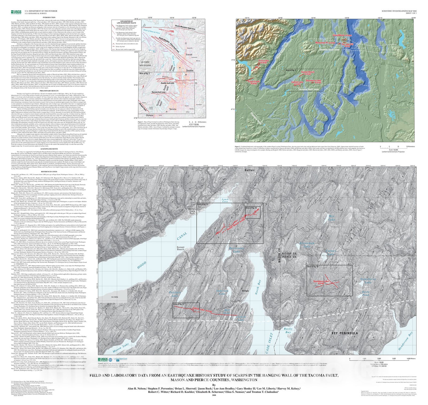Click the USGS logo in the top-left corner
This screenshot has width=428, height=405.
pos(16,12)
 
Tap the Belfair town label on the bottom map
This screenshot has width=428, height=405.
pos(249,170)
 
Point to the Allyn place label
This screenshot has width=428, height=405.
pos(245,291)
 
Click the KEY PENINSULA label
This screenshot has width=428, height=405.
pos(345,333)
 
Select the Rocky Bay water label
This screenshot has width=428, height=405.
pos(288,330)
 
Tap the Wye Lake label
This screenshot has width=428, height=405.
pos(331,218)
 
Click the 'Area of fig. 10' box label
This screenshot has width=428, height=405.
pos(313,267)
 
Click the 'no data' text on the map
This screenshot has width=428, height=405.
pos(114,297)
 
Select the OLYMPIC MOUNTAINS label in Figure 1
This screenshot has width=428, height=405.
pos(145,64)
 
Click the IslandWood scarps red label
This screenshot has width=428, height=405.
pos(342,35)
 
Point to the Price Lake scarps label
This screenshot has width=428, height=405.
pos(263,61)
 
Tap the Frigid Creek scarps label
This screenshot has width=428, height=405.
pos(254,82)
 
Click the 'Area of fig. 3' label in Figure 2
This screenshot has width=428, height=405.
pos(291,70)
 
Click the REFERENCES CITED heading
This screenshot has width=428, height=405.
pos(49,172)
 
